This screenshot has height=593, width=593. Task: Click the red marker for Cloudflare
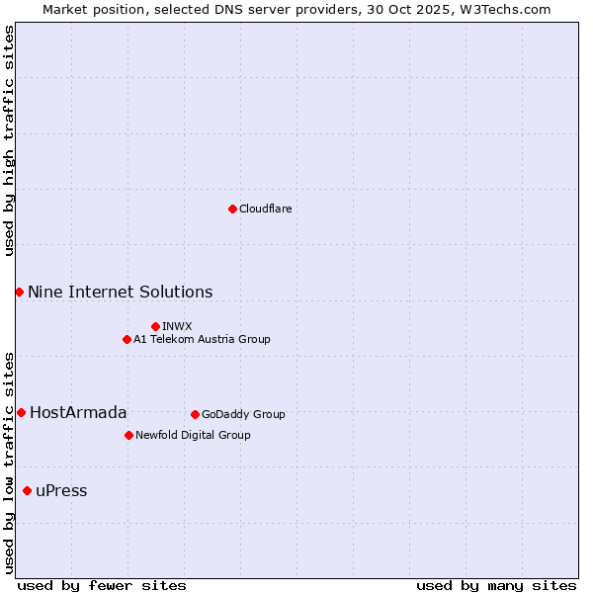pyautogui.click(x=232, y=209)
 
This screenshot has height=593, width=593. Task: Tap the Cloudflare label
pyautogui.click(x=265, y=210)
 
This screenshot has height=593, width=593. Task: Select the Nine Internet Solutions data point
pyautogui.click(x=19, y=292)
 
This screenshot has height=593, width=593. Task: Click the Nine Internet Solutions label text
pyautogui.click(x=120, y=293)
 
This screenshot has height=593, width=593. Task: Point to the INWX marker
pyautogui.click(x=155, y=326)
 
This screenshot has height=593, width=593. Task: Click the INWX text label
pyautogui.click(x=177, y=327)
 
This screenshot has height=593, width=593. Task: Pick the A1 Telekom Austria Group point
pyautogui.click(x=127, y=339)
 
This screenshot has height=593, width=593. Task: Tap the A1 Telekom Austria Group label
pyautogui.click(x=202, y=340)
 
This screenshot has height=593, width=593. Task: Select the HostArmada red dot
pyautogui.click(x=21, y=412)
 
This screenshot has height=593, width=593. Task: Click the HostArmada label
pyautogui.click(x=78, y=413)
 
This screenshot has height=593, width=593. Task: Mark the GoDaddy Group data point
pyautogui.click(x=195, y=414)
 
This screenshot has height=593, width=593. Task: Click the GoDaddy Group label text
pyautogui.click(x=243, y=415)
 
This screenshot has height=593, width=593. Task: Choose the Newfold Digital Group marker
pyautogui.click(x=128, y=435)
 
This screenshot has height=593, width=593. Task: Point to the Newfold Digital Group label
pyautogui.click(x=193, y=436)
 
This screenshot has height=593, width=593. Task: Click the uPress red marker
pyautogui.click(x=27, y=490)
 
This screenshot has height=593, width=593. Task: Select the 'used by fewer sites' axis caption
pyautogui.click(x=102, y=585)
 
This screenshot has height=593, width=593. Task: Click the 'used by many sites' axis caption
pyautogui.click(x=496, y=585)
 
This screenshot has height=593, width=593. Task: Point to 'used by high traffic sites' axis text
pyautogui.click(x=9, y=140)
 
